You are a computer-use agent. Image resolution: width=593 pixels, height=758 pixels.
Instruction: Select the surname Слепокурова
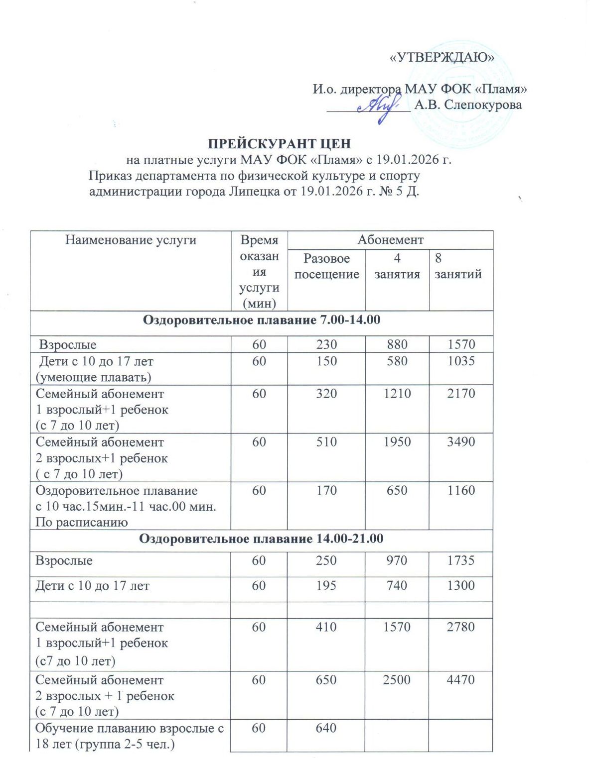482,105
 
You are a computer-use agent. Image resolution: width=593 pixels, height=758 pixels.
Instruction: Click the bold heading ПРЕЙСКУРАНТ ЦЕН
279,144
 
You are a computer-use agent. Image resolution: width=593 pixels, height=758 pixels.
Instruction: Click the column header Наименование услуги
131,240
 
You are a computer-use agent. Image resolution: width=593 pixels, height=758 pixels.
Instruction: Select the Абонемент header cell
390,240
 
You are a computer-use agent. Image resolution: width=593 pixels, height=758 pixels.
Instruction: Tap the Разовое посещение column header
326,266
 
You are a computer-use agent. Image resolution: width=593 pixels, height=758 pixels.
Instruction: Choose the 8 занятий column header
458,266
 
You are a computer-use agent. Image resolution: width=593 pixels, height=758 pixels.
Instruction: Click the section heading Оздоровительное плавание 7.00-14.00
262,320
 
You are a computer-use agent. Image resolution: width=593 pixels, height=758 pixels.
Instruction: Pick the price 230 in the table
326,344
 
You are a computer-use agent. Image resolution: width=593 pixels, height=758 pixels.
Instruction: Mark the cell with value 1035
461,361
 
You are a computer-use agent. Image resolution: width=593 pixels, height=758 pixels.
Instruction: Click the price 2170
461,394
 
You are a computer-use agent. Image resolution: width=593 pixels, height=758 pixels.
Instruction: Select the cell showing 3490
461,442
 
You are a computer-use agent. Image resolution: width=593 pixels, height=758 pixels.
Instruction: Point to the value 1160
461,491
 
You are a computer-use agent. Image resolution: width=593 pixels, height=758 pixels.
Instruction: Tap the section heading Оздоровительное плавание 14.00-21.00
261,539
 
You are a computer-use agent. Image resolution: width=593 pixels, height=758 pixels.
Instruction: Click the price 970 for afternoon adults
397,561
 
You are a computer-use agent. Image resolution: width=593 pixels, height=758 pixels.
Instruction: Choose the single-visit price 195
326,586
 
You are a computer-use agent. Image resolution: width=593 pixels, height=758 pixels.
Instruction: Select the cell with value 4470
460,680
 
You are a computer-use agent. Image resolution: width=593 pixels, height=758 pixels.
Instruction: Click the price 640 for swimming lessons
326,728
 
